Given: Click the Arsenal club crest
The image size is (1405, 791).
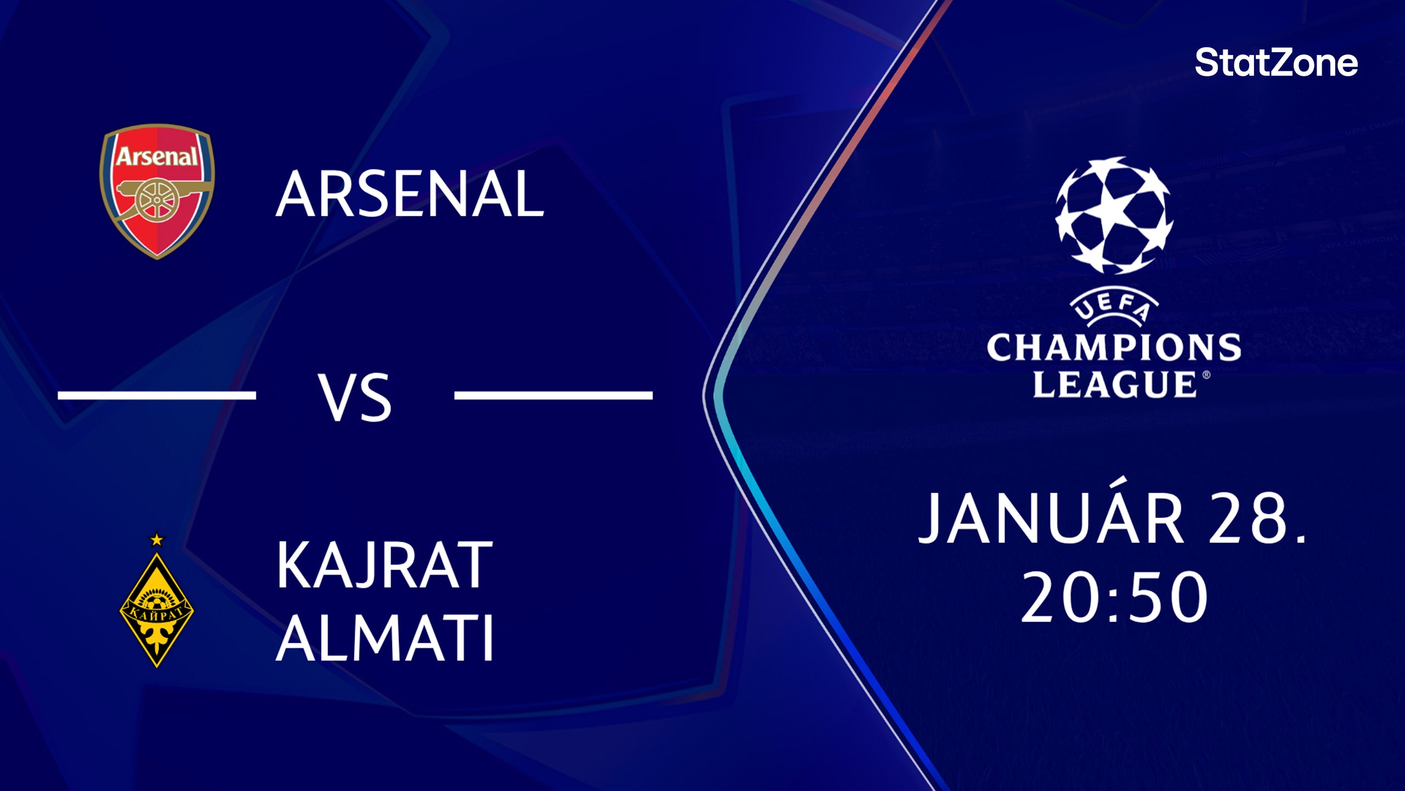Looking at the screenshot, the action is pos(157,191).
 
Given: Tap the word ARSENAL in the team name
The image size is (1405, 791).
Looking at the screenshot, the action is pos(409,194).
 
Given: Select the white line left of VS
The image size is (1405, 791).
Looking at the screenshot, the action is pos(157,395).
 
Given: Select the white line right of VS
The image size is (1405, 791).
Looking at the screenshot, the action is pos(553,395).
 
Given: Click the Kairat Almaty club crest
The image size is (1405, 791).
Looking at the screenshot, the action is pos(157,609).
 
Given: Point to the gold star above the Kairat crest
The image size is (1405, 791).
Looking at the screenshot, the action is pos(157,539).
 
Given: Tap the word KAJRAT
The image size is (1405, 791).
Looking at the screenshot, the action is pos(384,565).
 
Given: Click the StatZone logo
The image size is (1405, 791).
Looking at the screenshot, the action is pos(1277,63).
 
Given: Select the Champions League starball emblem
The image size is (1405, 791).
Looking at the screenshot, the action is pos(1114,215).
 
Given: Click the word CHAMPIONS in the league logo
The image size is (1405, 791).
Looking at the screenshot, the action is pos(1114,347).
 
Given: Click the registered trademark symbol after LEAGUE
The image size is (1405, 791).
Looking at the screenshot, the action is pos(1206,375).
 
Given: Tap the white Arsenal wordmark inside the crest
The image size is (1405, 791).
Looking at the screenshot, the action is pos(157,157).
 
